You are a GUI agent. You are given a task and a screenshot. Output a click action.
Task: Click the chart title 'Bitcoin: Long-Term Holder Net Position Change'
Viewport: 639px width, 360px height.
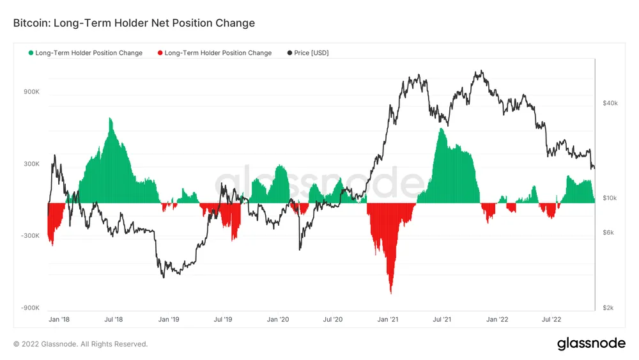pos(134,23)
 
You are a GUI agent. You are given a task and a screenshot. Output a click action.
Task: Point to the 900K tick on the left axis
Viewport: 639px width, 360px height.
pos(31,91)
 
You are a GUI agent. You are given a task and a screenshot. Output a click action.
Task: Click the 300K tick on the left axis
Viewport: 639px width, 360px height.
pos(31,164)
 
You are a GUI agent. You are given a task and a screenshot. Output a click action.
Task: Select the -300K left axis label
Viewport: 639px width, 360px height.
pos(31,236)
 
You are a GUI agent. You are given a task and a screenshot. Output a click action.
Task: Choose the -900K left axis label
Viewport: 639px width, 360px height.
pos(31,308)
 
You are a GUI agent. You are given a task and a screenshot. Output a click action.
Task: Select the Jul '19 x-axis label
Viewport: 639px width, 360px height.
pos(223,318)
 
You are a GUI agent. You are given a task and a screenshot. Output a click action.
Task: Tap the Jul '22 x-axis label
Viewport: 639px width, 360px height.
pos(551,318)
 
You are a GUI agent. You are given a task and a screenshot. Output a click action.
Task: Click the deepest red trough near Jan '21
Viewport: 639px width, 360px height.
pos(390,293)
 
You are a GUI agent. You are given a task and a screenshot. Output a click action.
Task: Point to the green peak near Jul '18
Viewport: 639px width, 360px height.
pos(111,119)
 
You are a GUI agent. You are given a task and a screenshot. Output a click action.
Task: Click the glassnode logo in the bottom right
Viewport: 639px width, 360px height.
pos(591,343)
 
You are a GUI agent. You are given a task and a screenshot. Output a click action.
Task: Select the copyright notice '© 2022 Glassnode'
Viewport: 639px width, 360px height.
pos(81,344)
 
